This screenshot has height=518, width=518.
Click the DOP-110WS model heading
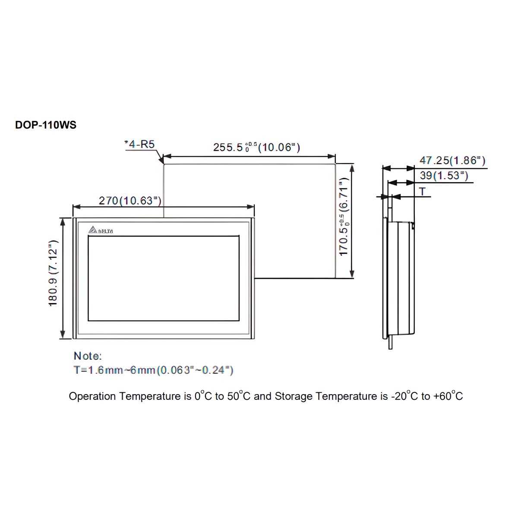click(46, 125)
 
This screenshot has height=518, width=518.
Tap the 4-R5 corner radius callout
click(140, 144)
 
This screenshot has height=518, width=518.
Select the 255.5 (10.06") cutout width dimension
click(256, 147)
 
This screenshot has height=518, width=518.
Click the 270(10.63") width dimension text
click(130, 201)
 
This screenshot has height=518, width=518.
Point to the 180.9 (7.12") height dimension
click(53, 273)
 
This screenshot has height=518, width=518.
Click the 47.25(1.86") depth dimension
click(452, 161)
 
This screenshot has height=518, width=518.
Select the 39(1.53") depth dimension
click(443, 176)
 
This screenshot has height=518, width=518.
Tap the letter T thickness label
click(422, 191)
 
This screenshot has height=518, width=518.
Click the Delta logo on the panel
click(101, 231)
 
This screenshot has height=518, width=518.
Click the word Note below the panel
click(87, 356)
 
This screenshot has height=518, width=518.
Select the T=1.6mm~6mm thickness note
click(153, 370)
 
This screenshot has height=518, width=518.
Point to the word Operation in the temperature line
click(92, 396)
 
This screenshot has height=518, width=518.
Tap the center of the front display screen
click(164, 278)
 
